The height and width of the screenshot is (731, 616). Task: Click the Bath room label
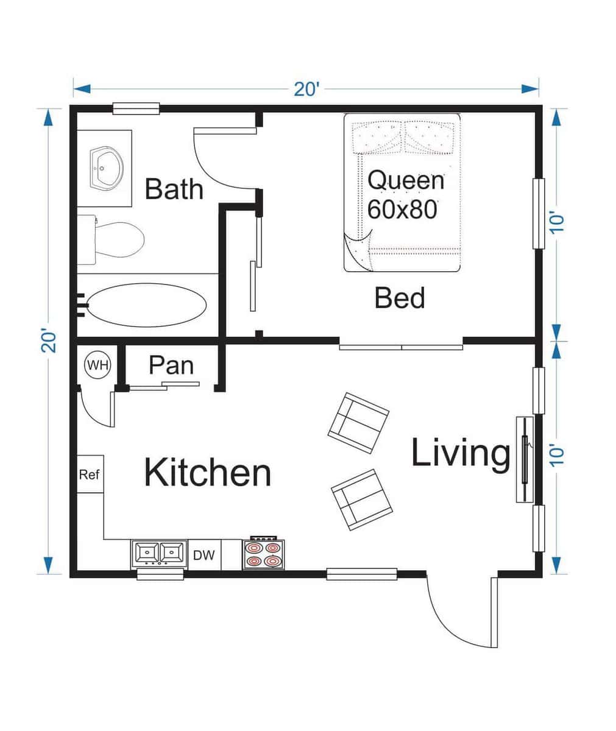(174, 189)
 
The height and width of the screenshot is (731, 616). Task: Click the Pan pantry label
(171, 365)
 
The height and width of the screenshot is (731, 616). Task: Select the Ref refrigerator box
(90, 473)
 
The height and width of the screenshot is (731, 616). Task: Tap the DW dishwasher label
(204, 555)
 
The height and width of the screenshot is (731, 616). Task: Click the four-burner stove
(263, 554)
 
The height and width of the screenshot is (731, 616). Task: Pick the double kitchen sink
(158, 554)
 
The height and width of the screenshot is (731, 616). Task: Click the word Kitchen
(207, 473)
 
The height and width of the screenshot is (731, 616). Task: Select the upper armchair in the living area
(358, 422)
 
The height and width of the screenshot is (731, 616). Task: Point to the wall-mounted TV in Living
(524, 459)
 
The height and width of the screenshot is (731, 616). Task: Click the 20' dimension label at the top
(306, 90)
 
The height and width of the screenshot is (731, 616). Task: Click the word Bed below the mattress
(400, 298)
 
